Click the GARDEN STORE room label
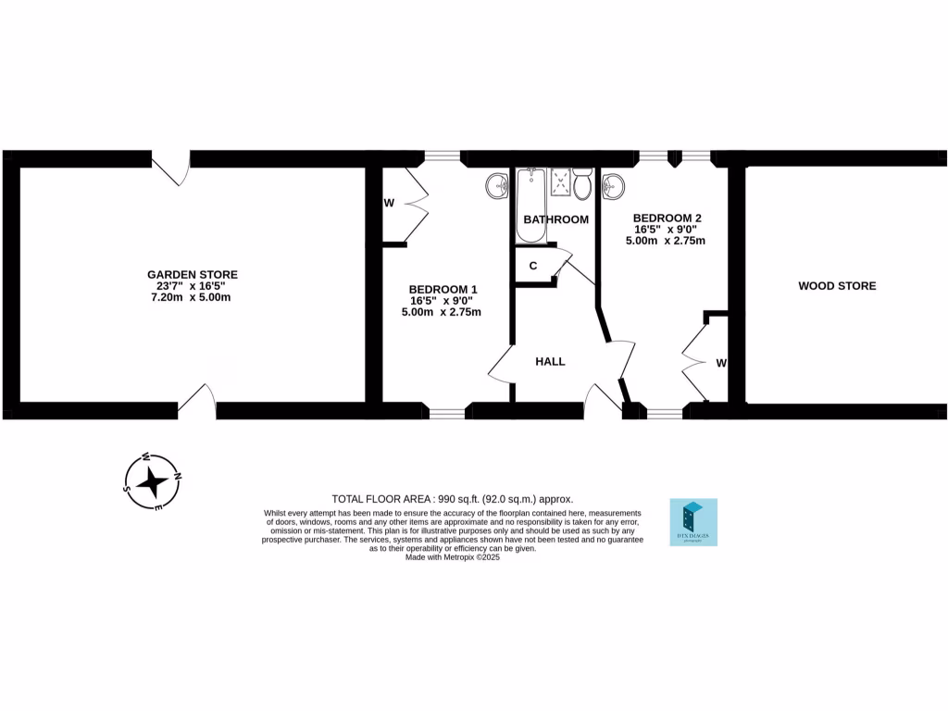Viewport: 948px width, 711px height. pyautogui.click(x=192, y=274)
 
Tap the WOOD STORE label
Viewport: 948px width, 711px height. pyautogui.click(x=837, y=286)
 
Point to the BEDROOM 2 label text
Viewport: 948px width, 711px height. pyautogui.click(x=667, y=218)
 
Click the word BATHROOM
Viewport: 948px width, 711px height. pyautogui.click(x=555, y=219)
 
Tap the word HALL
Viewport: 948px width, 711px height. pyautogui.click(x=550, y=361)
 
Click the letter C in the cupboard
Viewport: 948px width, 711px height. pyautogui.click(x=533, y=266)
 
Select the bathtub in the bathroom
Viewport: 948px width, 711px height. pyautogui.click(x=531, y=205)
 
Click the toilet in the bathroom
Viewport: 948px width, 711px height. pyautogui.click(x=582, y=185)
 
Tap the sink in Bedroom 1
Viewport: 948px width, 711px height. pyautogui.click(x=497, y=188)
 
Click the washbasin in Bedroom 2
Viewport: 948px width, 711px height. pyautogui.click(x=612, y=188)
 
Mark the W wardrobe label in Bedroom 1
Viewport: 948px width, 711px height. pyautogui.click(x=389, y=203)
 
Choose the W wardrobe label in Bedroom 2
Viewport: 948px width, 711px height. pyautogui.click(x=720, y=363)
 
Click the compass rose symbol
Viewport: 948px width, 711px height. pyautogui.click(x=154, y=481)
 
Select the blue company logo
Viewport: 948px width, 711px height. pyautogui.click(x=693, y=522)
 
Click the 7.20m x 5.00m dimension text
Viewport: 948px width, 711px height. pyautogui.click(x=192, y=297)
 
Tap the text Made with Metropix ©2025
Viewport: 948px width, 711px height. pyautogui.click(x=453, y=557)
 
